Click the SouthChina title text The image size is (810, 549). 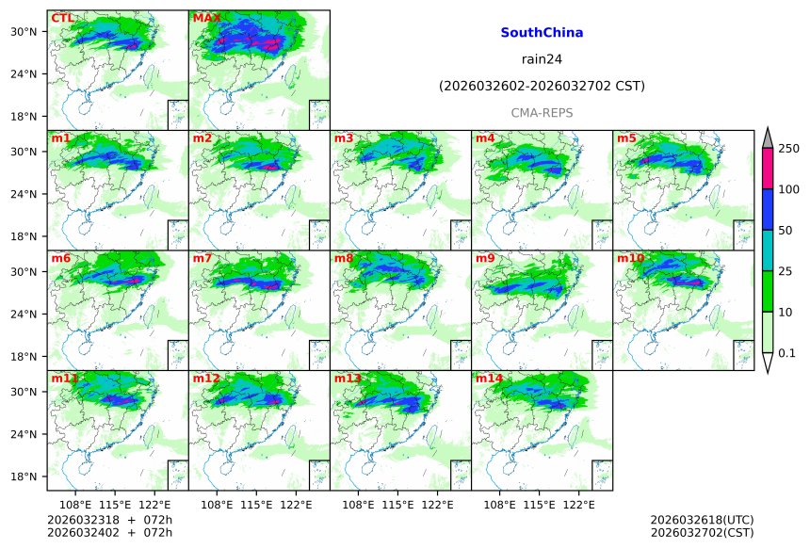[x=542, y=33]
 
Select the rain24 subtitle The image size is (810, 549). [x=542, y=59]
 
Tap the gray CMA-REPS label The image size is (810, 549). [x=542, y=113]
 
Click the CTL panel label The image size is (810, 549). [x=62, y=18]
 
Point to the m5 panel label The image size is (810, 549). [x=626, y=138]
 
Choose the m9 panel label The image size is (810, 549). [x=485, y=258]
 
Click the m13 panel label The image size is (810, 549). [x=347, y=379]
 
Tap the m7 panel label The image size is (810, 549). [x=202, y=258]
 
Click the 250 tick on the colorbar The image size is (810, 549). [x=789, y=149]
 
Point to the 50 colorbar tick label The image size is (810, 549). [x=786, y=231]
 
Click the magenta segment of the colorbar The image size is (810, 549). [x=767, y=169]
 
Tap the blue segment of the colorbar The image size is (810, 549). [x=767, y=210]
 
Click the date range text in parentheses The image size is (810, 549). [x=542, y=87]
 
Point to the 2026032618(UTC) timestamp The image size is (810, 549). [x=702, y=520]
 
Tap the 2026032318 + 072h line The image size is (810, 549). [x=110, y=520]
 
